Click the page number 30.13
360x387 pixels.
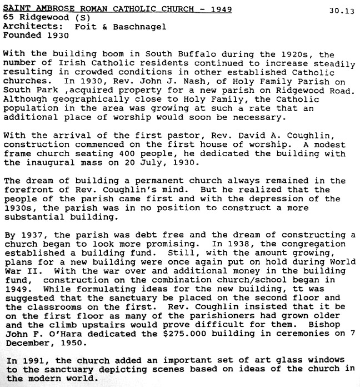click(341, 11)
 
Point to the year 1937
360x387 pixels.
click(28, 235)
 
